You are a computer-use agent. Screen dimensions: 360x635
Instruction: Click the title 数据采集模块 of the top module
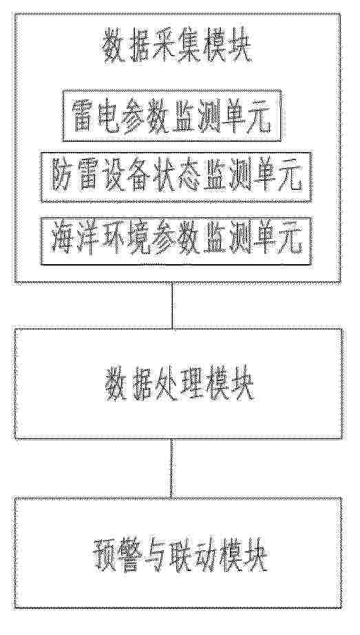(178, 50)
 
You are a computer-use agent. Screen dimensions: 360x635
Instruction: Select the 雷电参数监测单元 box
(172, 116)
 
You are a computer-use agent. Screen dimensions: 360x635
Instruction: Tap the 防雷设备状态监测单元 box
(176, 177)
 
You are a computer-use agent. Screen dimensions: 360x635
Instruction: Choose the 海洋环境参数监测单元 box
(176, 241)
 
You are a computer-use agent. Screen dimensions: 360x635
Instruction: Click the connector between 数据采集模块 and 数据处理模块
(172, 305)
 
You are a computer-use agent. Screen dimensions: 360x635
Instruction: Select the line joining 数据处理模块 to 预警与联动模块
(172, 469)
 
